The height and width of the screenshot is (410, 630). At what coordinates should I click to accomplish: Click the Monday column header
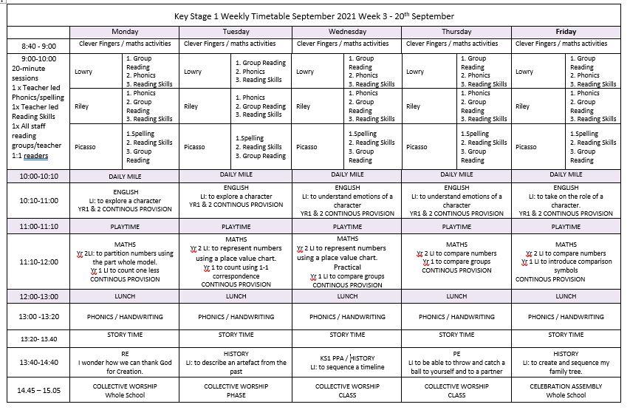[x=125, y=32]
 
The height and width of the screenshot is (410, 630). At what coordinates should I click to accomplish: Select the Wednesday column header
[x=347, y=32]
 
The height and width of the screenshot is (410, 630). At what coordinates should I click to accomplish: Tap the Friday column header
[x=566, y=32]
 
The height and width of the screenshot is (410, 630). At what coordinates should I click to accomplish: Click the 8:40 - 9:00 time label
[x=38, y=46]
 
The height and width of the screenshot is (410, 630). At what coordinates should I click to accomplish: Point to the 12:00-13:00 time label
[x=38, y=295]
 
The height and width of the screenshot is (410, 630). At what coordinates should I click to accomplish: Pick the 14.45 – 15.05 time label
[x=38, y=389]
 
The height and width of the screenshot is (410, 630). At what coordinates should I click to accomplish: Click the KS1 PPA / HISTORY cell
[x=347, y=362]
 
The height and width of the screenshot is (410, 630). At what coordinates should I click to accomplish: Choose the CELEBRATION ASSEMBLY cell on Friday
[x=566, y=390]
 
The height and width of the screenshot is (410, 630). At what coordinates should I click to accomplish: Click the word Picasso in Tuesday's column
[x=195, y=147]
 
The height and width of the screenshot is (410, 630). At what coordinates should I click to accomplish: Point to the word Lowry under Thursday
[x=415, y=72]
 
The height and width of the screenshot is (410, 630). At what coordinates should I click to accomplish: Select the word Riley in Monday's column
[x=81, y=106]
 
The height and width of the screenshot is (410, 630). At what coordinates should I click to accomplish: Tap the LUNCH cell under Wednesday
[x=347, y=295]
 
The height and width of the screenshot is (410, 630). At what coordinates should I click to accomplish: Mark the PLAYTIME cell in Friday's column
[x=566, y=227]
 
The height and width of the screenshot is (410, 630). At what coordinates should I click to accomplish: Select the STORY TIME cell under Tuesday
[x=236, y=334]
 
